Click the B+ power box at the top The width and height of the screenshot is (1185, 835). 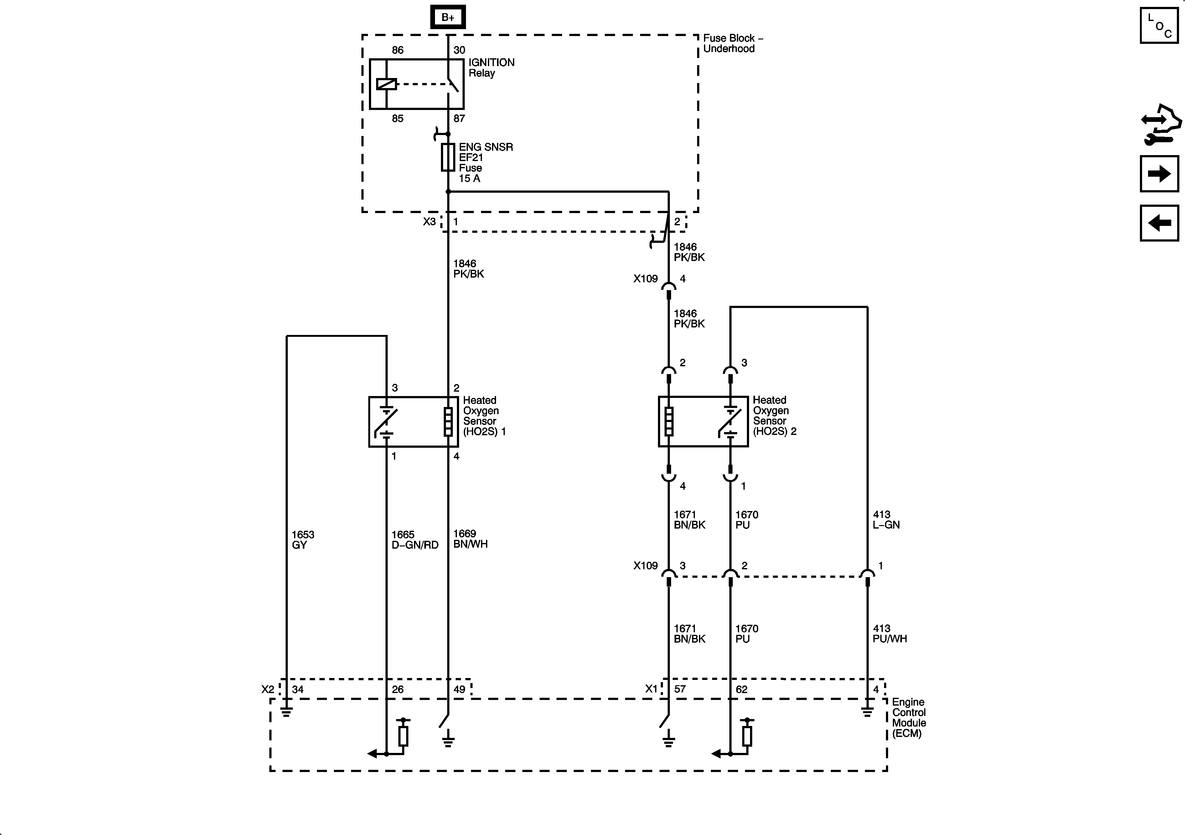(448, 17)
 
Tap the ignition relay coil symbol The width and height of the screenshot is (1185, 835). (386, 84)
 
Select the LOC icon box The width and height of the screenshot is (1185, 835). (1159, 25)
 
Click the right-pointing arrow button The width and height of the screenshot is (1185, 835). (1159, 174)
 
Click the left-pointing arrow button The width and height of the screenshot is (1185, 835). (1159, 223)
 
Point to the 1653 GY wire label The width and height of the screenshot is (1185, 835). (303, 540)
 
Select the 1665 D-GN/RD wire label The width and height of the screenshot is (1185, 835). (414, 540)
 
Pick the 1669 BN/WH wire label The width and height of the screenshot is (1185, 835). (470, 539)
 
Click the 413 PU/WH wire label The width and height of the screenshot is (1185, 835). (889, 634)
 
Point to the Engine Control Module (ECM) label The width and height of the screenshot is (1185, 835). (909, 717)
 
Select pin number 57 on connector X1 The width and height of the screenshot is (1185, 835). (680, 689)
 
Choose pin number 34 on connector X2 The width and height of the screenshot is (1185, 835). (298, 689)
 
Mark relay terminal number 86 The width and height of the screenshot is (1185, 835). (397, 50)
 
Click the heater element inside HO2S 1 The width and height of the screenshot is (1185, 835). (448, 421)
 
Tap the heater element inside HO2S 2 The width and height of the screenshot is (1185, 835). (668, 421)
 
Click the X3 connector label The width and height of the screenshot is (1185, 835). (429, 222)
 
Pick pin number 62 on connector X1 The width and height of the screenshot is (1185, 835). (741, 689)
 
